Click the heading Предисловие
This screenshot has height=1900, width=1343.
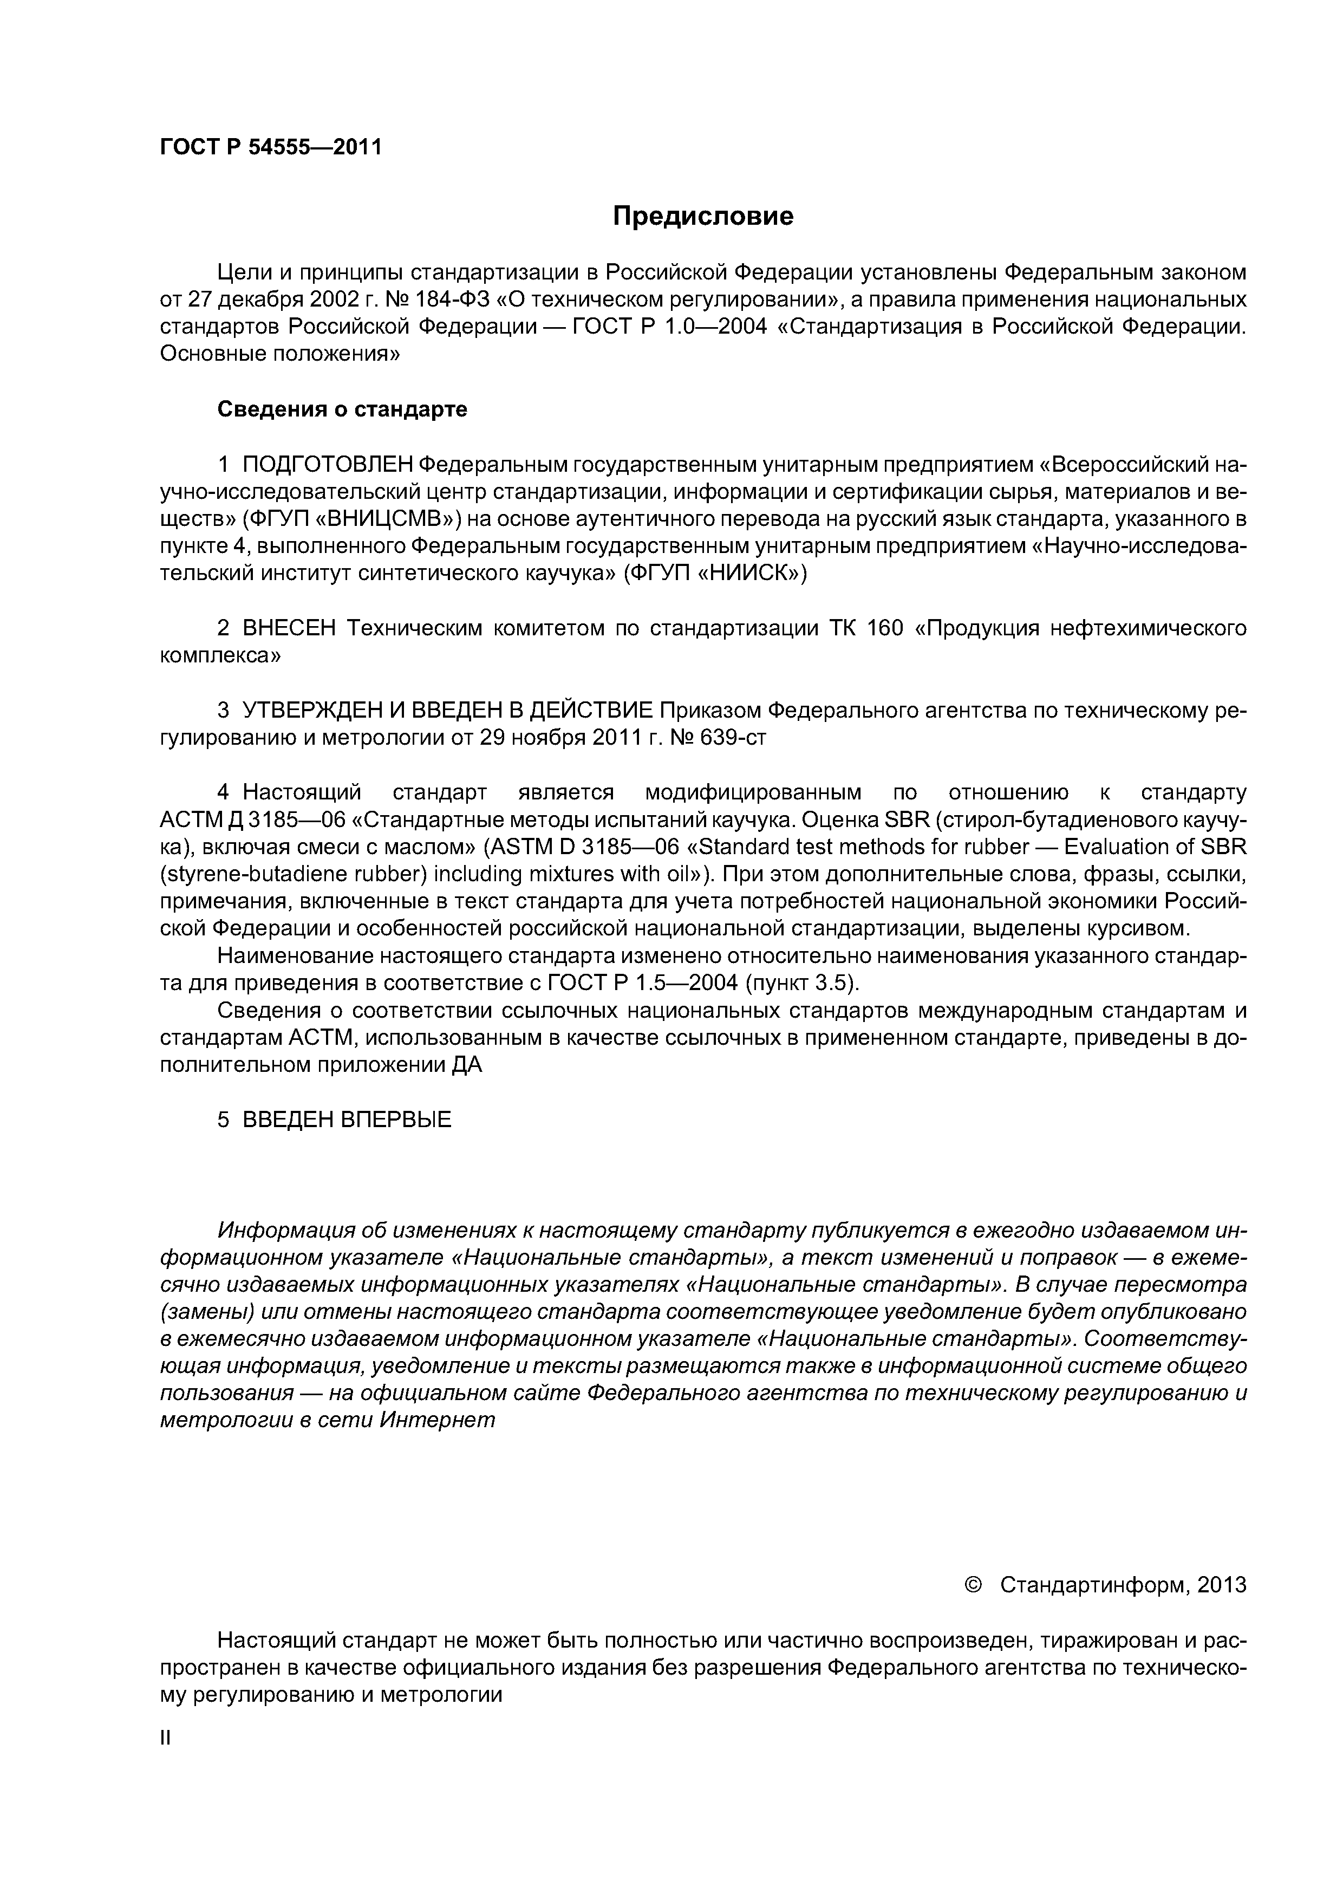[702, 217]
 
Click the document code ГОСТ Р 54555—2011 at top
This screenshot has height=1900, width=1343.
[271, 147]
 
